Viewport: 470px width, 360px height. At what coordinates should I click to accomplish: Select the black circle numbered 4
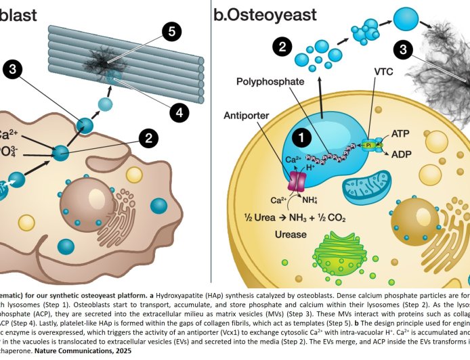coord(179,114)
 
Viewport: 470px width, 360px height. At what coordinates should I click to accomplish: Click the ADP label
coord(400,153)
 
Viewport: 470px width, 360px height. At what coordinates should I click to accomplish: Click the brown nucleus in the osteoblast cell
coord(89,206)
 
